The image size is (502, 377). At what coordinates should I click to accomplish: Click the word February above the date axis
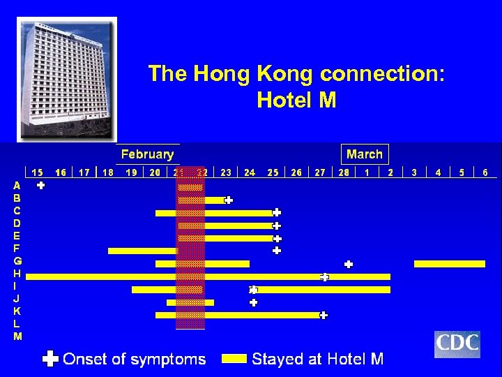point(147,154)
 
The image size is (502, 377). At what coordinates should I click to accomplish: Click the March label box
point(365,154)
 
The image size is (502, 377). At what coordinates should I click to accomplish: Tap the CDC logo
point(457,344)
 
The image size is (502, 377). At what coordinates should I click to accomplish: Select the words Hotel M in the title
point(296,101)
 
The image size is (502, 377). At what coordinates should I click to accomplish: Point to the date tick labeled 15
point(38,172)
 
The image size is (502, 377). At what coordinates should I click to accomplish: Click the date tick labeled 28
point(344,172)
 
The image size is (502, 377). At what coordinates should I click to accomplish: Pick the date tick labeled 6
point(485,172)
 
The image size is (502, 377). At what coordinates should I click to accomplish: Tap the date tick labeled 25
point(273,172)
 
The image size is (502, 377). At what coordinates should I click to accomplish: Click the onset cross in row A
point(41,186)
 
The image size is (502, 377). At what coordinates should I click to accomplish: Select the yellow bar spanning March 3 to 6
point(449,264)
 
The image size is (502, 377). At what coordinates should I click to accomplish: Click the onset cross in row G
point(349,264)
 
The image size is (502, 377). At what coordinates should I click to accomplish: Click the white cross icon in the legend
point(50,359)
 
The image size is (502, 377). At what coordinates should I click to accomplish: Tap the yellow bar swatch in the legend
point(234,359)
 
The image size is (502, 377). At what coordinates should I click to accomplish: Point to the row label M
point(17,337)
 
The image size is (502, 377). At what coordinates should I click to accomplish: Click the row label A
point(17,186)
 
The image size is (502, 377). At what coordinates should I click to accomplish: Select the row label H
point(17,273)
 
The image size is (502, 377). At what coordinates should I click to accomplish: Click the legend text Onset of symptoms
point(135,359)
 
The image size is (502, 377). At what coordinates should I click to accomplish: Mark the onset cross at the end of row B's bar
point(229,200)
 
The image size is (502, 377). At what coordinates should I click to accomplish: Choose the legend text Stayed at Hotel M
point(318,359)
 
